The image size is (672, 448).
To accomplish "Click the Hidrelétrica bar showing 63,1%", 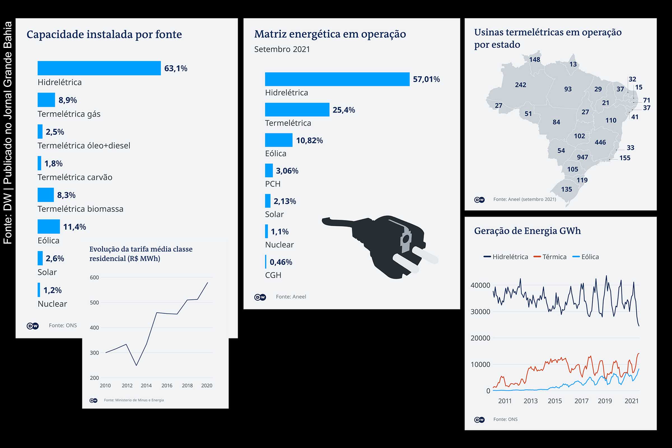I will (99, 68).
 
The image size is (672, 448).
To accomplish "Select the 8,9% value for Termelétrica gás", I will (67, 100).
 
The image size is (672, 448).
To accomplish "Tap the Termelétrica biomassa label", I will (80, 209).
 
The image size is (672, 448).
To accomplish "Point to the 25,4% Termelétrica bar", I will (297, 109).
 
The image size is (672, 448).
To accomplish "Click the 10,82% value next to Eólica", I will (309, 140).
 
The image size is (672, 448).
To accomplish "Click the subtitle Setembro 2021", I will (282, 49).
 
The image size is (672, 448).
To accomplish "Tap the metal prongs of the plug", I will (414, 258).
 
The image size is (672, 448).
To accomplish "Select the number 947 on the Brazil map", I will (582, 157).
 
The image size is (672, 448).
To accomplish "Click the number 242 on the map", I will (520, 85).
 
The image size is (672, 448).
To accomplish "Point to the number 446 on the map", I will (600, 142).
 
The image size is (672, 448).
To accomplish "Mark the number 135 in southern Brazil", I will (566, 190).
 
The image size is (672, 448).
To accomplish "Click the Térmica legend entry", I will (554, 257).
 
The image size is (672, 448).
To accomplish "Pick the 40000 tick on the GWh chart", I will (480, 285).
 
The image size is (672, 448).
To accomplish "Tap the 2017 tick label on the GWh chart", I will (581, 401).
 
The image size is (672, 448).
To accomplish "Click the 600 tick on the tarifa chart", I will (94, 277).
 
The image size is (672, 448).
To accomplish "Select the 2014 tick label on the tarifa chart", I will (146, 386).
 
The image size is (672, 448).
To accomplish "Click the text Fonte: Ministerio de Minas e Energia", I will (134, 400).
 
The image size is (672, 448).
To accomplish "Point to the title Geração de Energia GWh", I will (527, 230).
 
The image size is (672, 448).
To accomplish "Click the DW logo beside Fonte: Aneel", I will (260, 297).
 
